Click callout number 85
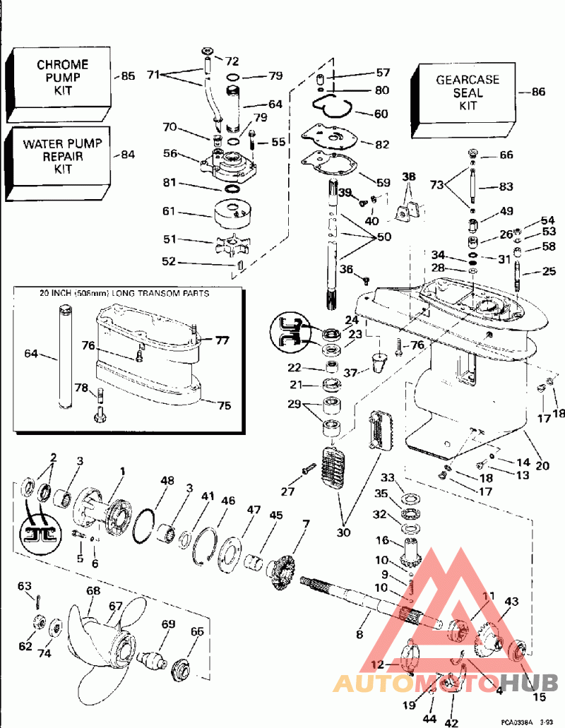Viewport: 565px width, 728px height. click(x=128, y=76)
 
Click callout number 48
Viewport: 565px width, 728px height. click(x=167, y=480)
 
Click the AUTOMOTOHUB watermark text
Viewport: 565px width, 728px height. click(x=445, y=683)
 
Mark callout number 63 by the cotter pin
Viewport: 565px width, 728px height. click(x=25, y=585)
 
